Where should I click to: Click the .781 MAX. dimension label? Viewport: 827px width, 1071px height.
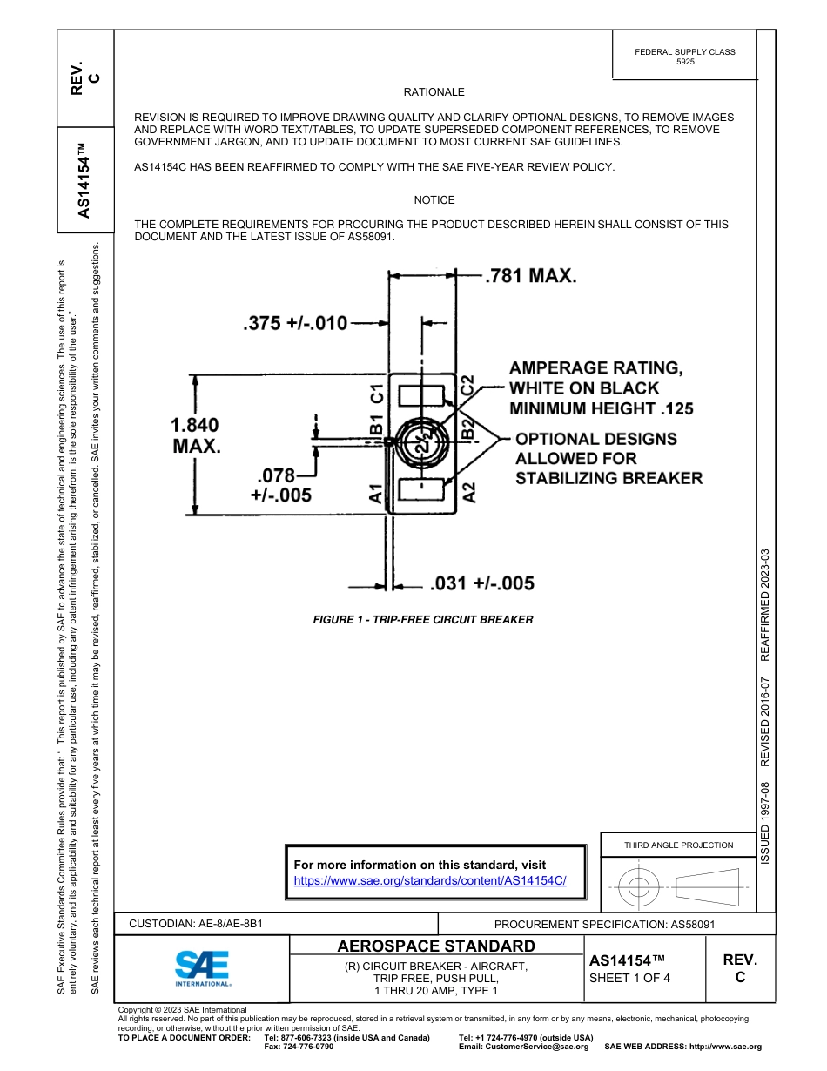click(530, 276)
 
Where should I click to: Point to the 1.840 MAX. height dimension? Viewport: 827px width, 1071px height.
click(195, 435)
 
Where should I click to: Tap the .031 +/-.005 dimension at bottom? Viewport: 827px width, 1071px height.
click(482, 583)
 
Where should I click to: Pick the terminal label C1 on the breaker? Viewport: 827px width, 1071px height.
click(377, 394)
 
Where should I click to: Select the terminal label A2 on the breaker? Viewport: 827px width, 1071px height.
click(469, 493)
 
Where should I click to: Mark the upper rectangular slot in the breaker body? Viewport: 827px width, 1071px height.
click(421, 395)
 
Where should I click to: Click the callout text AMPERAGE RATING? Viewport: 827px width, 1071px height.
click(595, 368)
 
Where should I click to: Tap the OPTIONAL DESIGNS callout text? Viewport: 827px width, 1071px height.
click(595, 439)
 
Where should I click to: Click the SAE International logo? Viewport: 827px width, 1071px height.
click(202, 967)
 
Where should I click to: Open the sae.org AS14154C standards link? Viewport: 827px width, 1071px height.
click(430, 880)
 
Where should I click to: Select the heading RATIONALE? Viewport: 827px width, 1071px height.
click(434, 92)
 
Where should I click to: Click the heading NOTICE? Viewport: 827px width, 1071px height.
click(434, 200)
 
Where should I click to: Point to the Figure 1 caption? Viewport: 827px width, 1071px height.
click(422, 620)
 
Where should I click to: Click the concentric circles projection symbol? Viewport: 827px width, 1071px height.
click(639, 888)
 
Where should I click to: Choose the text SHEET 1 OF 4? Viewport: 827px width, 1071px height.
click(629, 977)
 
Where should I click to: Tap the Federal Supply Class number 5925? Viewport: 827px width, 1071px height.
click(685, 63)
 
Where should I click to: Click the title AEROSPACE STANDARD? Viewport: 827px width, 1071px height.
click(436, 946)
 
